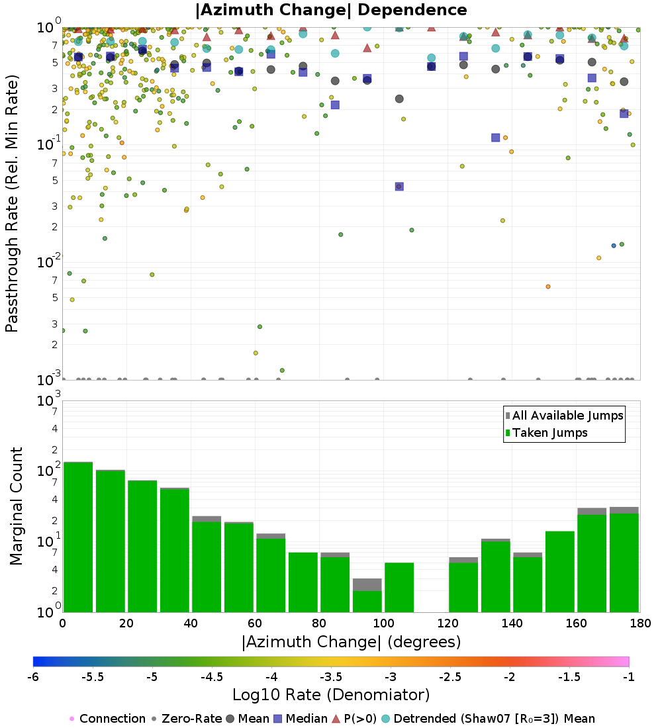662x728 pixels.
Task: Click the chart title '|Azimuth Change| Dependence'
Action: pos(331,11)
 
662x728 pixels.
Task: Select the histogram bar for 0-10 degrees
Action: pos(78,537)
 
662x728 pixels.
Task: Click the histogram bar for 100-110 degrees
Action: pos(399,587)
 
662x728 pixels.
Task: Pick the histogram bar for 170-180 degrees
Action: pos(624,562)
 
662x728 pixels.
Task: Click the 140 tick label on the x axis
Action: pos(511,623)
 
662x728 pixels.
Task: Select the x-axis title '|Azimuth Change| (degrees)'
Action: pos(351,641)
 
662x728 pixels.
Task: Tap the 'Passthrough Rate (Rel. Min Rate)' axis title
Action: pos(13,203)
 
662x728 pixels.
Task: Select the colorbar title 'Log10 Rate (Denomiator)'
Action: pos(331,695)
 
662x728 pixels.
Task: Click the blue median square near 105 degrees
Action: pos(399,187)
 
